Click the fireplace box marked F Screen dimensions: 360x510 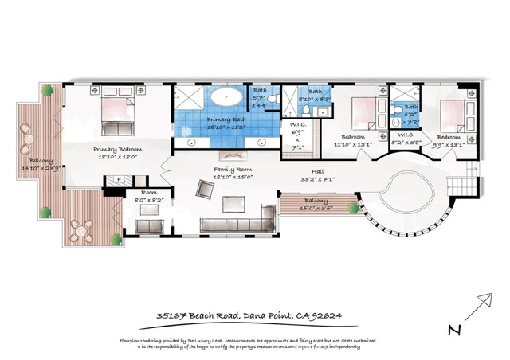pos(118,179)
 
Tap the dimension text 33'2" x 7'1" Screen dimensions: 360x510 pos(317,180)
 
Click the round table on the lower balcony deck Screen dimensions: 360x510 pos(79,230)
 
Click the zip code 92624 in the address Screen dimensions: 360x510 pos(324,315)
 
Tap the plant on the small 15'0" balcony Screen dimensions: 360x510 pos(350,209)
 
